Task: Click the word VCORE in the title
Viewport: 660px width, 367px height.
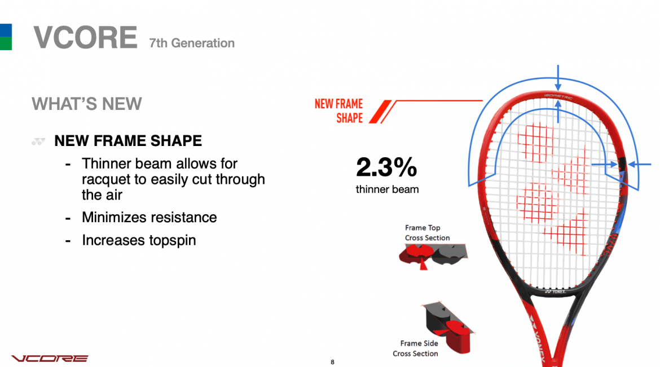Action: (85, 38)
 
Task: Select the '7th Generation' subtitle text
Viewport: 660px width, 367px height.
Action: (192, 43)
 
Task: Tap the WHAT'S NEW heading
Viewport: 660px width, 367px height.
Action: (87, 104)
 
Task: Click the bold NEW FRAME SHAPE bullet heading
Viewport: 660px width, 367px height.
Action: (128, 140)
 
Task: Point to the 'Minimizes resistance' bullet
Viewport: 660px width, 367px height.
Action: (149, 217)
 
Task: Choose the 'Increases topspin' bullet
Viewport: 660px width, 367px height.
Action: (139, 240)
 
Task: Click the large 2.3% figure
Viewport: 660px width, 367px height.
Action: (386, 167)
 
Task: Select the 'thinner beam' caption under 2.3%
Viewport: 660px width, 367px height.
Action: (387, 189)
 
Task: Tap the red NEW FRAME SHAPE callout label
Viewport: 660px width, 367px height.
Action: (339, 110)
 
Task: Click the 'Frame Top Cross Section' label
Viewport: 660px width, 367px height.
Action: (427, 233)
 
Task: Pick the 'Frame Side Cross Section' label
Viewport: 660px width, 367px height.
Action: (416, 348)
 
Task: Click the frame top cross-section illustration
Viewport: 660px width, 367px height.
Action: (431, 257)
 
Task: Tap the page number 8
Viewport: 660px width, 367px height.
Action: (333, 362)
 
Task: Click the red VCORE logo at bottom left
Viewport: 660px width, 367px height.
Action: (50, 359)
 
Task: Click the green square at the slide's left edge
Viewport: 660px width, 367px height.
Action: (6, 44)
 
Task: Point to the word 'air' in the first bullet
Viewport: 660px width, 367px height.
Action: (112, 195)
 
